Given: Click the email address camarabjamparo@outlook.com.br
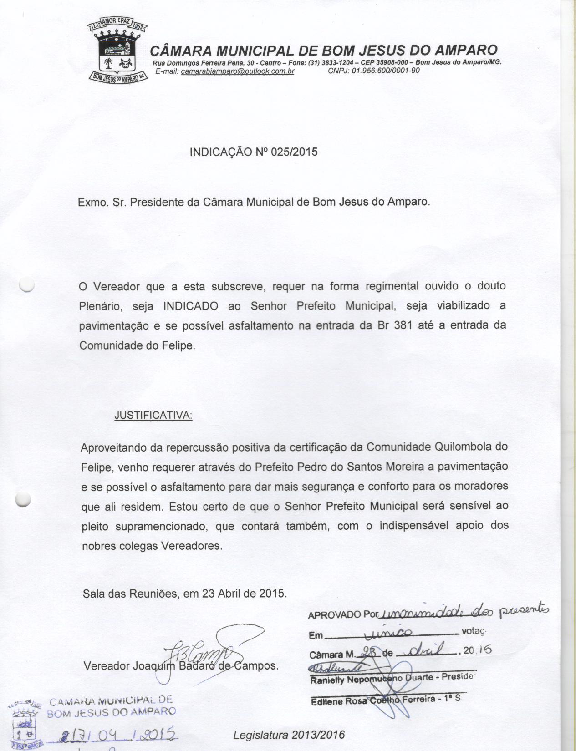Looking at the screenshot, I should click(x=237, y=71).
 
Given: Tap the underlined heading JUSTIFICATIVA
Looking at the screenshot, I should click(x=153, y=416).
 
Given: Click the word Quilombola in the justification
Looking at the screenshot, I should click(x=464, y=447).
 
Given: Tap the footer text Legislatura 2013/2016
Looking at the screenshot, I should click(x=289, y=735).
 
